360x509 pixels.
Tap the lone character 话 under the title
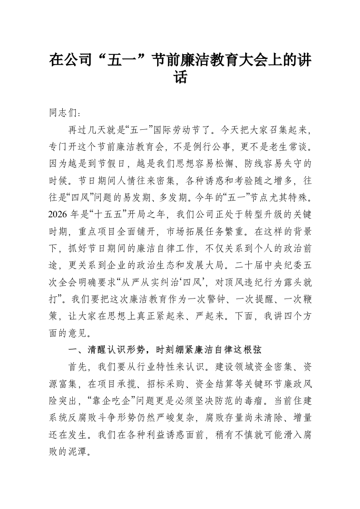(x=180, y=78)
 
